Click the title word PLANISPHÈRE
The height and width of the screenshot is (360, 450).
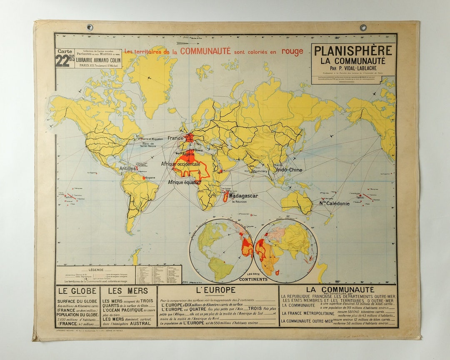tap(353, 51)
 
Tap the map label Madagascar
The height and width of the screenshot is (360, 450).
tap(244, 196)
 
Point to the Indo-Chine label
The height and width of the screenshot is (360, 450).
tap(288, 170)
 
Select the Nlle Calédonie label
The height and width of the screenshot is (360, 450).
tap(335, 204)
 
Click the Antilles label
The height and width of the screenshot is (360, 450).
tap(127, 169)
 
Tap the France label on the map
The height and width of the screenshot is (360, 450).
tap(176, 137)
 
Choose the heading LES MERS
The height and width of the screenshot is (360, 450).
tap(122, 291)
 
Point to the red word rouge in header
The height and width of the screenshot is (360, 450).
tap(292, 52)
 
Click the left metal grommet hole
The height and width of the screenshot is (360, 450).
tap(90, 27)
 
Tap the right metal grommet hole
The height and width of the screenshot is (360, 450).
tap(363, 27)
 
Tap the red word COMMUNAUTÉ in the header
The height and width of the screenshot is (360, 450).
tap(205, 51)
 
